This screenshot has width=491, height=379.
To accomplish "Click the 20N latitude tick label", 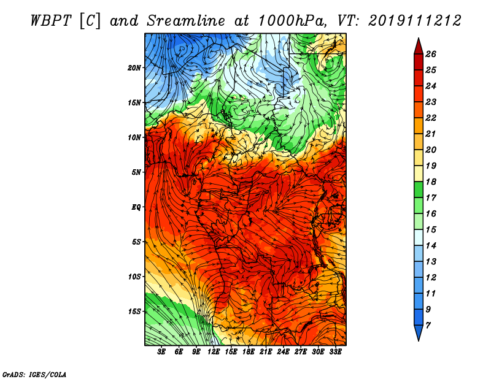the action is (134, 68).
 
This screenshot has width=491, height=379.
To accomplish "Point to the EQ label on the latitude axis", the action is (136, 207).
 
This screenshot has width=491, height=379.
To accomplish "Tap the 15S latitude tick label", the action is (134, 312).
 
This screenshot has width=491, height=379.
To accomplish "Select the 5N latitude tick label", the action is (136, 172).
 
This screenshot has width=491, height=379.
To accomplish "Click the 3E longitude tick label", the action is (161, 352).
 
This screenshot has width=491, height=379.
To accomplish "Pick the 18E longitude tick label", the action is (249, 352).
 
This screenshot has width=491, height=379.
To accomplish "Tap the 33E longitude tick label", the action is (335, 352).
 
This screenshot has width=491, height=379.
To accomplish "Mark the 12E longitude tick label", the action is (214, 352).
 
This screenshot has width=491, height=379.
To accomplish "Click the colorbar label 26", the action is (431, 54).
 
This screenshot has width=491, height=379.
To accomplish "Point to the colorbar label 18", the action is (431, 182).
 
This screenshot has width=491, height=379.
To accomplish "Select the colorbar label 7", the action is (428, 326).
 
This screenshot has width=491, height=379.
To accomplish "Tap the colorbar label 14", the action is (431, 246).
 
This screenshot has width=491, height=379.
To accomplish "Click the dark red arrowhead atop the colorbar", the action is (419, 47).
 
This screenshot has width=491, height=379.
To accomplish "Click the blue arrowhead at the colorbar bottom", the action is (419, 332).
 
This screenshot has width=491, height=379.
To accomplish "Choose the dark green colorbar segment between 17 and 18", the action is (419, 189).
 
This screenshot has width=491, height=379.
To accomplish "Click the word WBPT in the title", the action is (52, 21).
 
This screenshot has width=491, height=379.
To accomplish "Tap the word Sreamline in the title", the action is (186, 21).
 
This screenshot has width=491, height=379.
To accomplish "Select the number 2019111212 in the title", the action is (415, 21).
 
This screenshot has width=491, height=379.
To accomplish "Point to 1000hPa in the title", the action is (291, 21).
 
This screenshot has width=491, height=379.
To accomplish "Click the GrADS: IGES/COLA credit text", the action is (34, 374).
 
